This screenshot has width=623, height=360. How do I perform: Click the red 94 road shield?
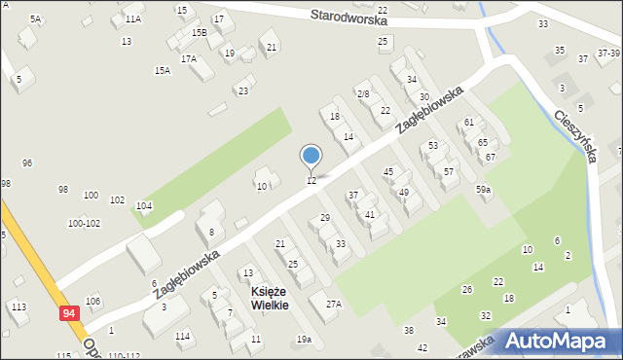[68, 313]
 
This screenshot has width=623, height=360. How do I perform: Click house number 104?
[144, 206]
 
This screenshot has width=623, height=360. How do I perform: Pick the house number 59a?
[483, 190]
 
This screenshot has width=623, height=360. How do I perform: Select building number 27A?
[334, 305]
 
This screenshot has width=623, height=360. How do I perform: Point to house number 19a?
[304, 340]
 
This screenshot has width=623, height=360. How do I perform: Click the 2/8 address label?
[363, 93]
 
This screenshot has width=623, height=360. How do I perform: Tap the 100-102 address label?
[84, 224]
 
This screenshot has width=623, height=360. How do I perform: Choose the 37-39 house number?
[609, 54]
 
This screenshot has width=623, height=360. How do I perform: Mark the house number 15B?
[199, 33]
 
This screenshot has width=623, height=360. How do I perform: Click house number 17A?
[188, 59]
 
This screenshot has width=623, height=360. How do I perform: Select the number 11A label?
[133, 18]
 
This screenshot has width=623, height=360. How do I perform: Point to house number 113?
[18, 306]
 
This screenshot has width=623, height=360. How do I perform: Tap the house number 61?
[469, 123]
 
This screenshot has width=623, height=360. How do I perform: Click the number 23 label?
[243, 91]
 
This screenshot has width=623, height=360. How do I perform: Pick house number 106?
[92, 301]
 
